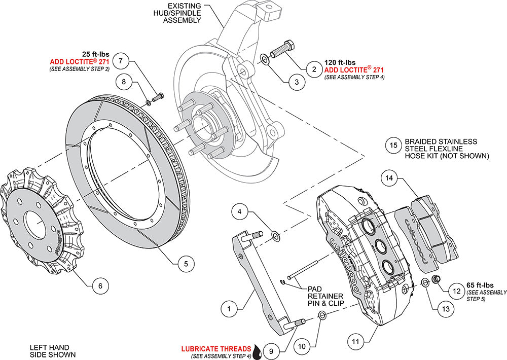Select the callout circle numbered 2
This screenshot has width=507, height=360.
click(314, 69)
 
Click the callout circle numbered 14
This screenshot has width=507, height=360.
click(389, 178)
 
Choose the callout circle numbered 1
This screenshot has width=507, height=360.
click(229, 308)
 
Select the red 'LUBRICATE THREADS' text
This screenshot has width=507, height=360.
click(216, 349)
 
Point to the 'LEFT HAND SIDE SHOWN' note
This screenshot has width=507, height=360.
click(53, 351)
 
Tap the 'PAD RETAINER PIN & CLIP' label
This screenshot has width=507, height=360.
click(324, 296)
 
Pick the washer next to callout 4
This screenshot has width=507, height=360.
click(276, 235)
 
